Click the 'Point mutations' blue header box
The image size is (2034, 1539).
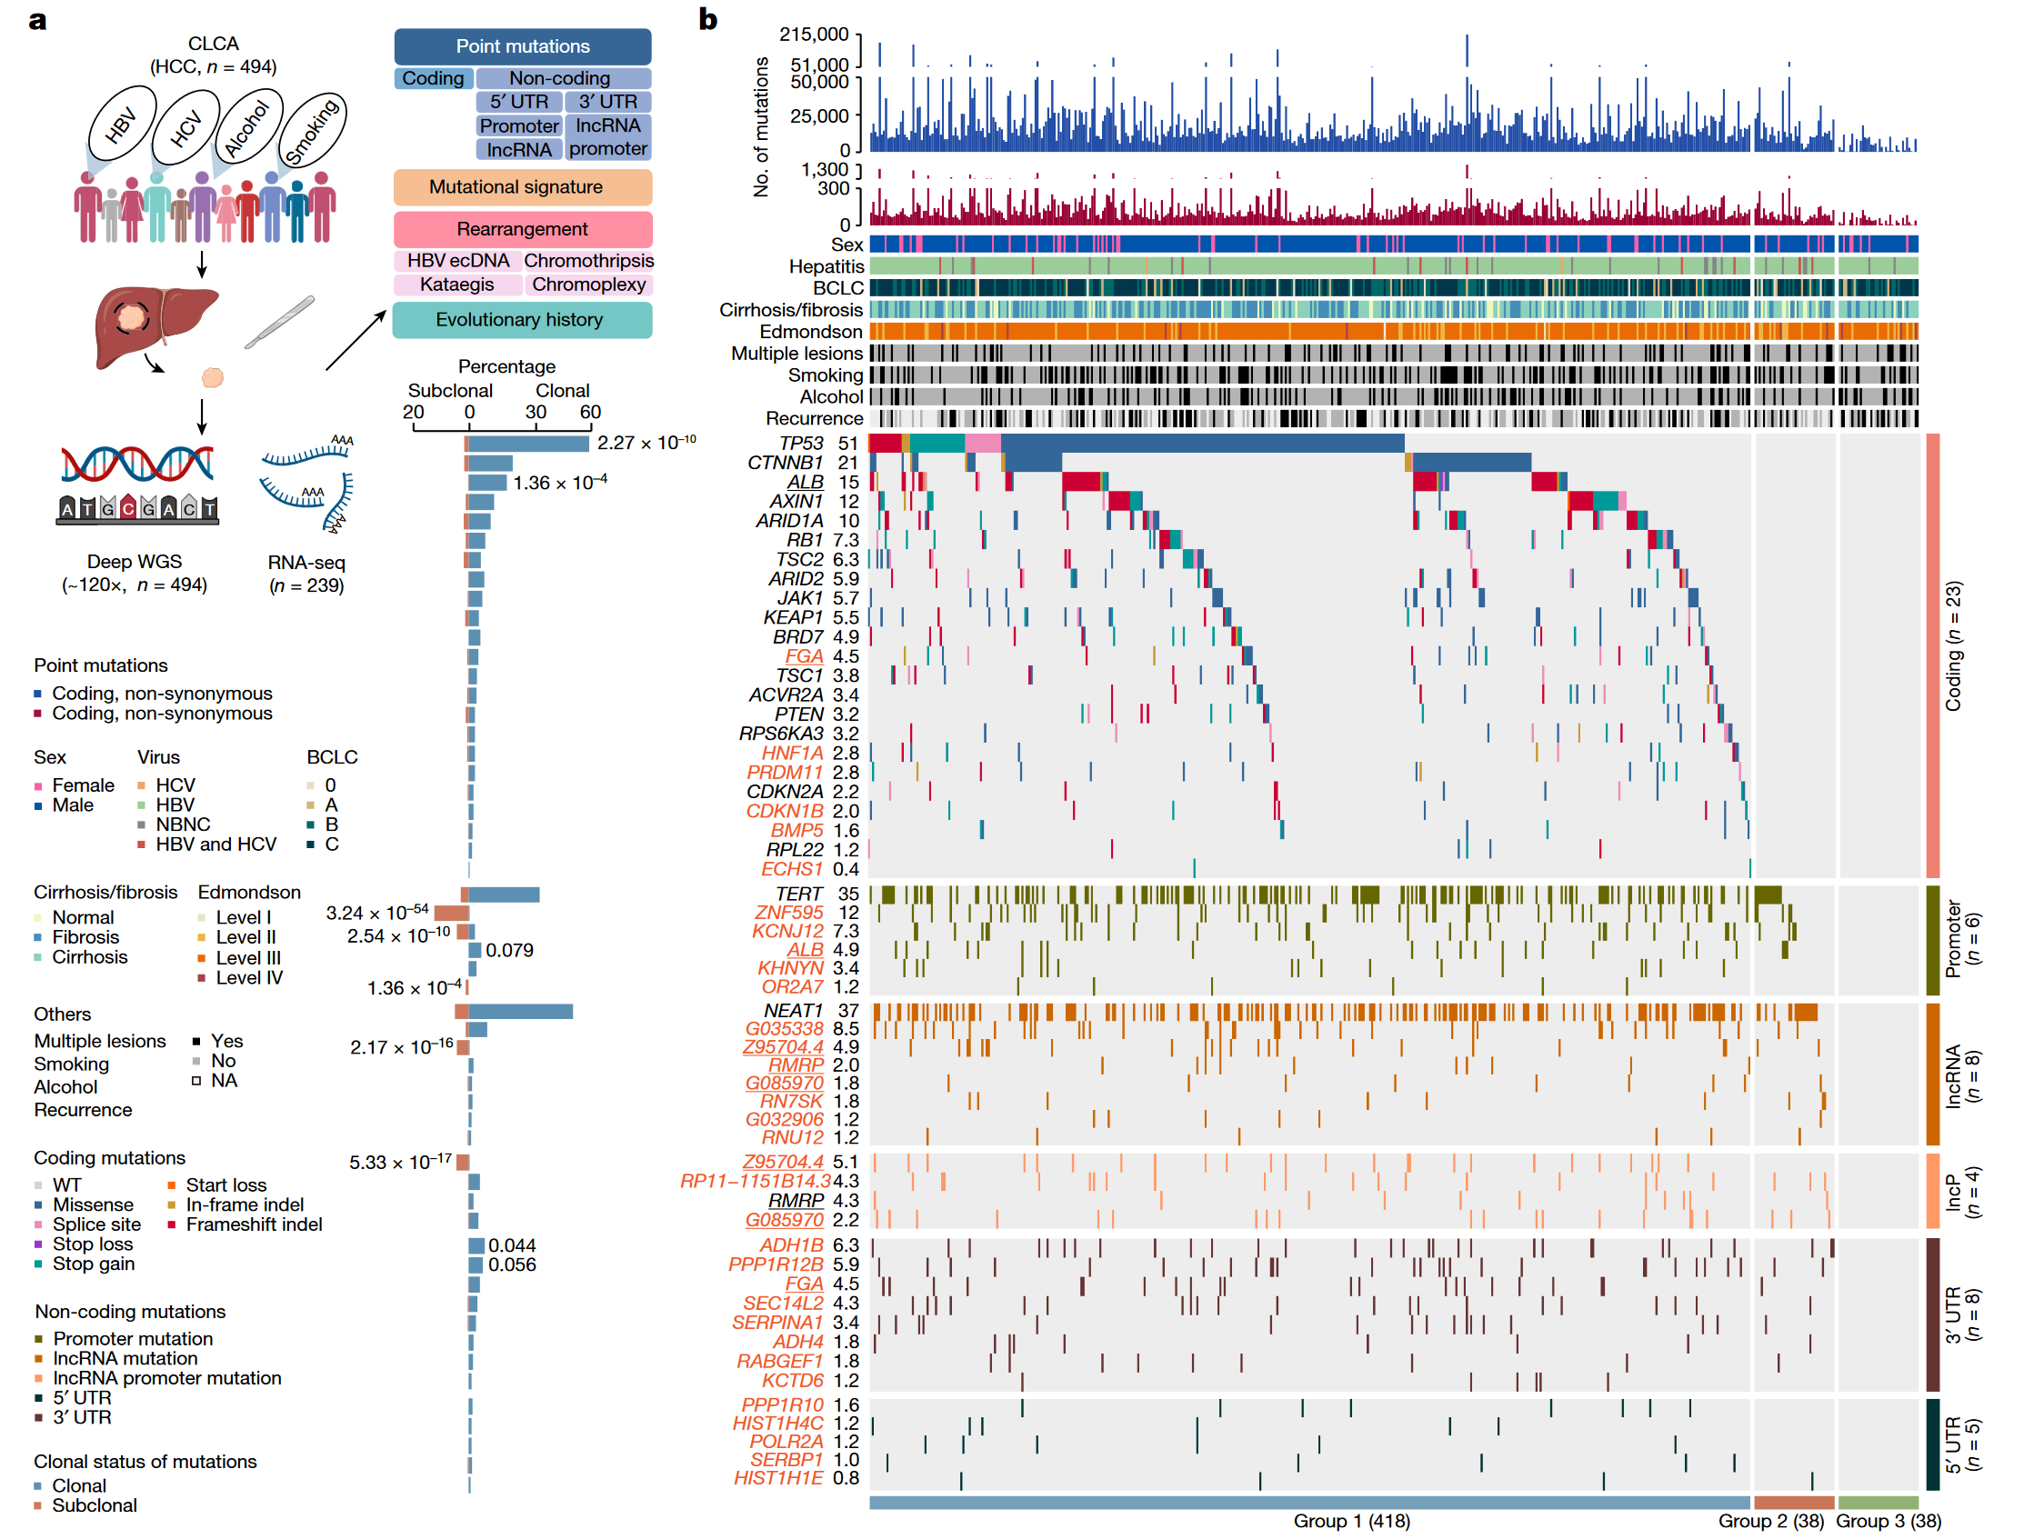522,46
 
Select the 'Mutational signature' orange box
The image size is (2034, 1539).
522,187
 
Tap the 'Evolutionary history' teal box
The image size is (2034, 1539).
521,320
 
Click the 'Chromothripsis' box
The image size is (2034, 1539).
588,261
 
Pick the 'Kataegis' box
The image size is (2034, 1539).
457,285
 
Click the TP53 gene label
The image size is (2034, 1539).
800,444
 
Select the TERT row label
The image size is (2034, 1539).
798,894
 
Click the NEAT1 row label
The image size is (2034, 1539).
793,1011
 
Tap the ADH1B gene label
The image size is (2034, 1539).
791,1245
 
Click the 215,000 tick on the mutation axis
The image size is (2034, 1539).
814,35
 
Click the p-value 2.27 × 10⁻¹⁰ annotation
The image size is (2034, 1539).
646,443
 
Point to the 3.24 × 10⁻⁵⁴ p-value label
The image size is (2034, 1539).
377,913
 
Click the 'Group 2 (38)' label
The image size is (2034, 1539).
1771,1522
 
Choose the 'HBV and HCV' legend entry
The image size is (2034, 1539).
215,844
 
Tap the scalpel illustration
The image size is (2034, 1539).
279,323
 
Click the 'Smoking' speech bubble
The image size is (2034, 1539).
312,131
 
